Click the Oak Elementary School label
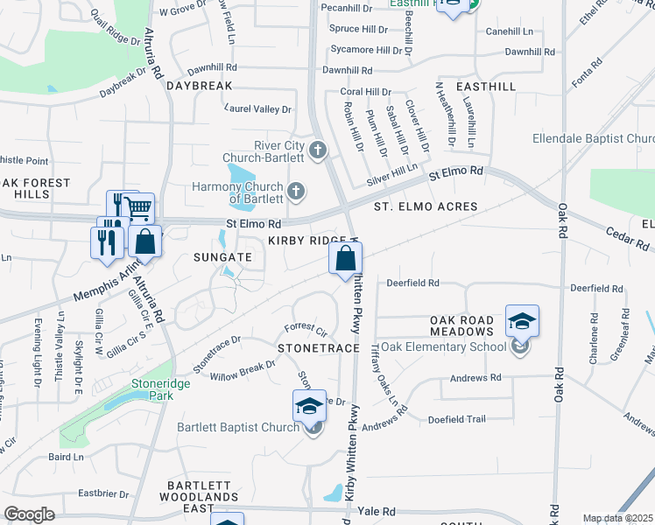(x=444, y=346)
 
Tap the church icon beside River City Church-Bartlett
(x=317, y=151)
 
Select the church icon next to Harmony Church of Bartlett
(x=296, y=190)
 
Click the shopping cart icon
(x=138, y=208)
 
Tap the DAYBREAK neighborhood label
(x=200, y=86)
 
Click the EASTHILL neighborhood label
(x=486, y=87)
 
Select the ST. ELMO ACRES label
(x=426, y=206)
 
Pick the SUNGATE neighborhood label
(x=222, y=257)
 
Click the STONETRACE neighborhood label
(x=319, y=348)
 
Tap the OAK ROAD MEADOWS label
(x=462, y=326)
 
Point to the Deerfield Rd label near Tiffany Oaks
(x=412, y=283)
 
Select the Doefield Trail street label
(x=456, y=419)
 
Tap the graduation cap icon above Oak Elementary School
(x=522, y=321)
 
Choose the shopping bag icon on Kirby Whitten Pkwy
(x=346, y=258)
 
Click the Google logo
(x=29, y=514)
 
